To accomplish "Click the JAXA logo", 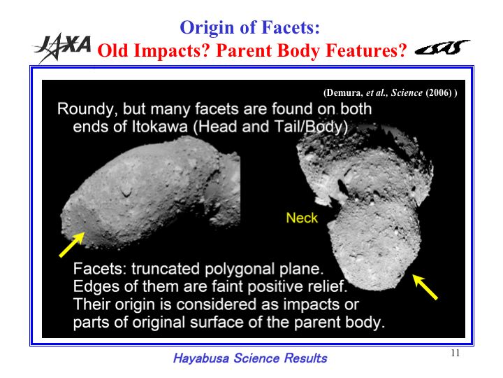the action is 63,47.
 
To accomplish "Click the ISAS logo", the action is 442,48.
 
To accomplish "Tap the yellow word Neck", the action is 302,218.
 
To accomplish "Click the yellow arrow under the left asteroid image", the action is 72,244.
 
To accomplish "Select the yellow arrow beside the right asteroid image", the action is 425,287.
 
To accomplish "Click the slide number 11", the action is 455,353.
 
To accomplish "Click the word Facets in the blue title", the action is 291,27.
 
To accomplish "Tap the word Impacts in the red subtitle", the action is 170,51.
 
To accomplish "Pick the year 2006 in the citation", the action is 439,93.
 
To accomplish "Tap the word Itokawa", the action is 159,126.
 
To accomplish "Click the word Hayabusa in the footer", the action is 201,358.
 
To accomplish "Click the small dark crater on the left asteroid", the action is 126,192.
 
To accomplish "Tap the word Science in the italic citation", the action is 407,93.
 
